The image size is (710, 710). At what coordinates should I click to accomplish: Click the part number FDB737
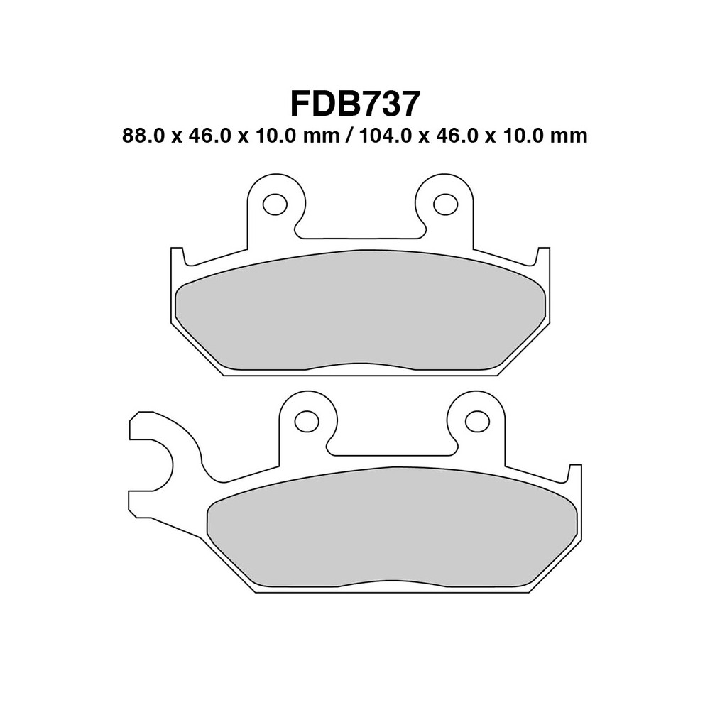click(x=355, y=104)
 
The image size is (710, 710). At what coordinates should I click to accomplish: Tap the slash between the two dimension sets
click(x=347, y=136)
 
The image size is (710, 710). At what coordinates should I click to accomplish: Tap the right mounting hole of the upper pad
click(x=445, y=204)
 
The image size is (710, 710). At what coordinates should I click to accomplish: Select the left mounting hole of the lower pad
click(x=307, y=421)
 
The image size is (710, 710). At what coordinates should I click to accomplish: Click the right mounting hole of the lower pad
click(x=477, y=421)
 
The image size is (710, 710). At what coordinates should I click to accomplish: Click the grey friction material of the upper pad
click(x=360, y=312)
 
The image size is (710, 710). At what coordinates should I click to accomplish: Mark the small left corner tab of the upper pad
click(x=177, y=255)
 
